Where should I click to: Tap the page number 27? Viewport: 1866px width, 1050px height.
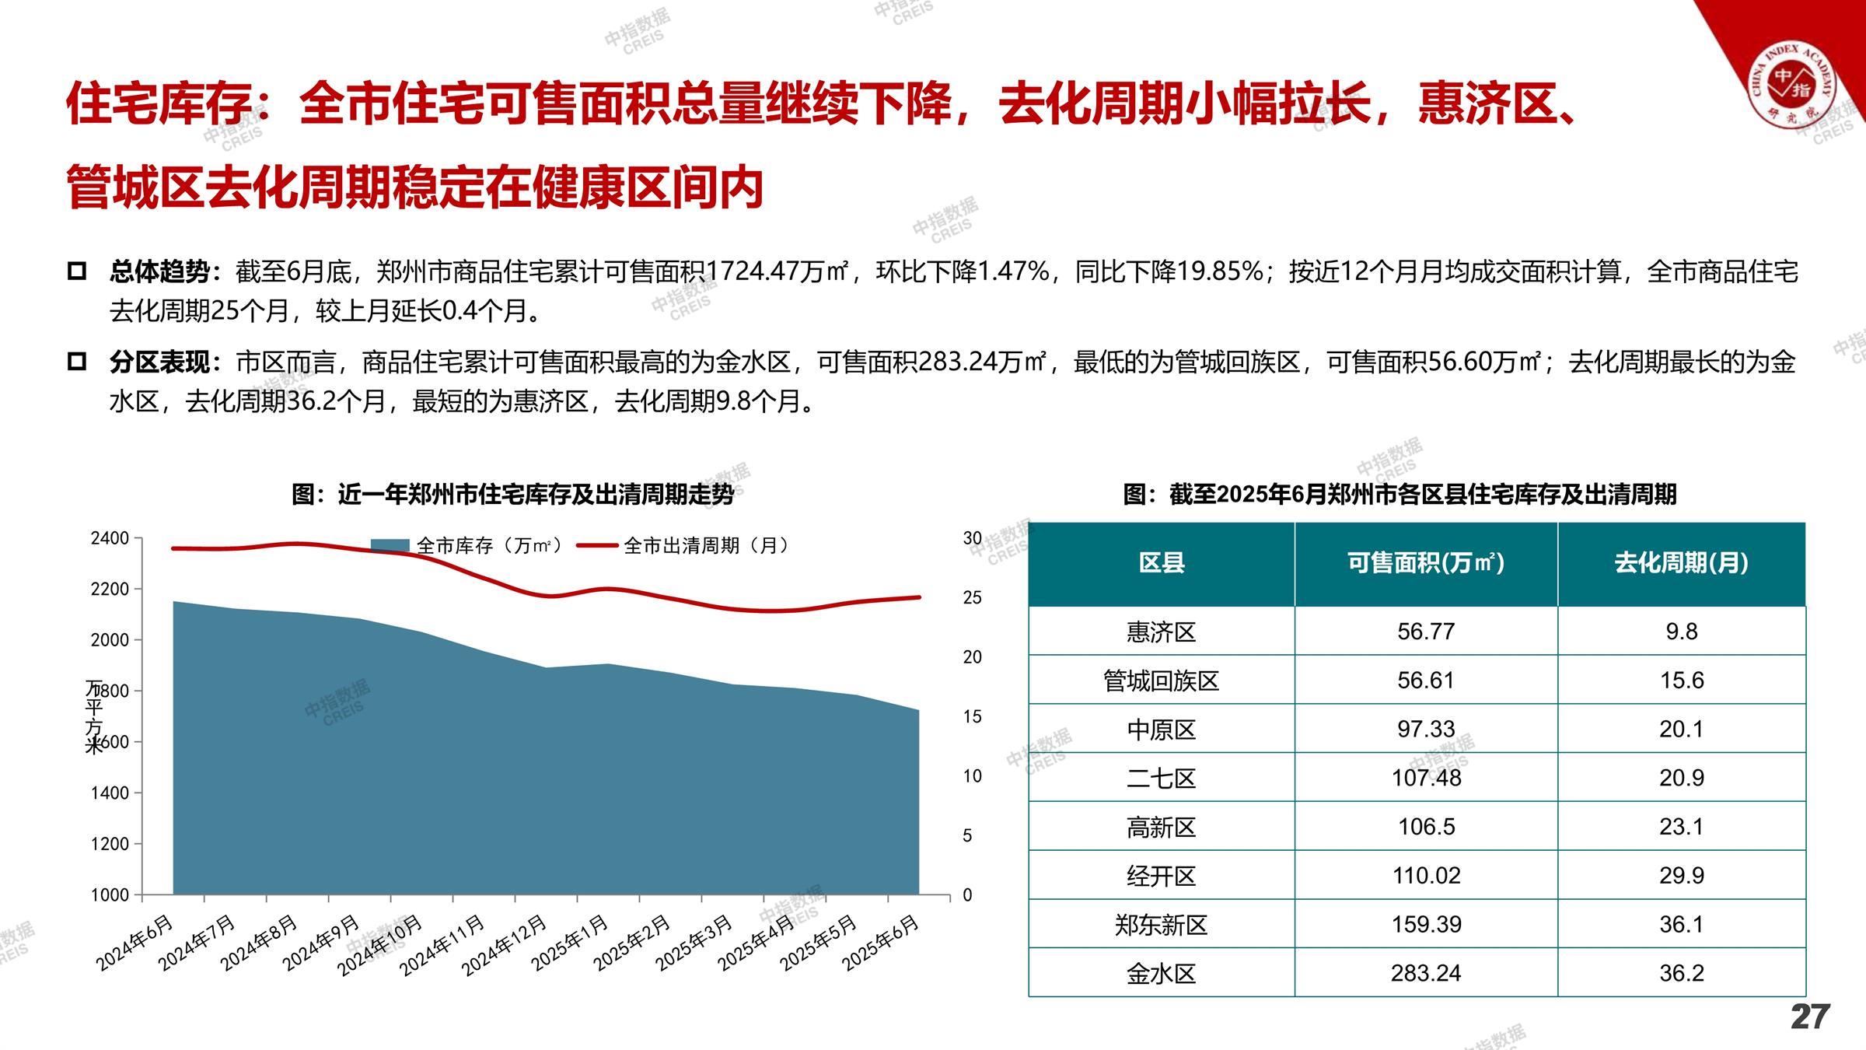click(x=1810, y=1017)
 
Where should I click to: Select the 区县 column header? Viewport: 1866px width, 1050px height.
click(x=1161, y=563)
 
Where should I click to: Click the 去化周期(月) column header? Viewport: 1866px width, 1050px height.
click(x=1681, y=563)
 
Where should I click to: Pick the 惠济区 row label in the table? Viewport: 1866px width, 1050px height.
click(x=1161, y=632)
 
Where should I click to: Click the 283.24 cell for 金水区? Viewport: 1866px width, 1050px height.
click(x=1426, y=973)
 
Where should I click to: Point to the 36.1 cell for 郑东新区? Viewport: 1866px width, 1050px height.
click(x=1681, y=924)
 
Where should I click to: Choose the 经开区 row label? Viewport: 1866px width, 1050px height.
click(x=1161, y=876)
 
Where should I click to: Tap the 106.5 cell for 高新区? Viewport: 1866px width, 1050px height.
click(x=1426, y=827)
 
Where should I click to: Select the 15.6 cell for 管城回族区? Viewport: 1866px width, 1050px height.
click(x=1681, y=681)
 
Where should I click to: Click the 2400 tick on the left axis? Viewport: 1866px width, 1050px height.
click(x=110, y=538)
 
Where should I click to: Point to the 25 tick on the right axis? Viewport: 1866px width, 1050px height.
click(x=972, y=597)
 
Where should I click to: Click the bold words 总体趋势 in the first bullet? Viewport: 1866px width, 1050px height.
click(x=160, y=272)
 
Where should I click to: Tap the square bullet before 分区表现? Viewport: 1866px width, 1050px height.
click(x=77, y=362)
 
